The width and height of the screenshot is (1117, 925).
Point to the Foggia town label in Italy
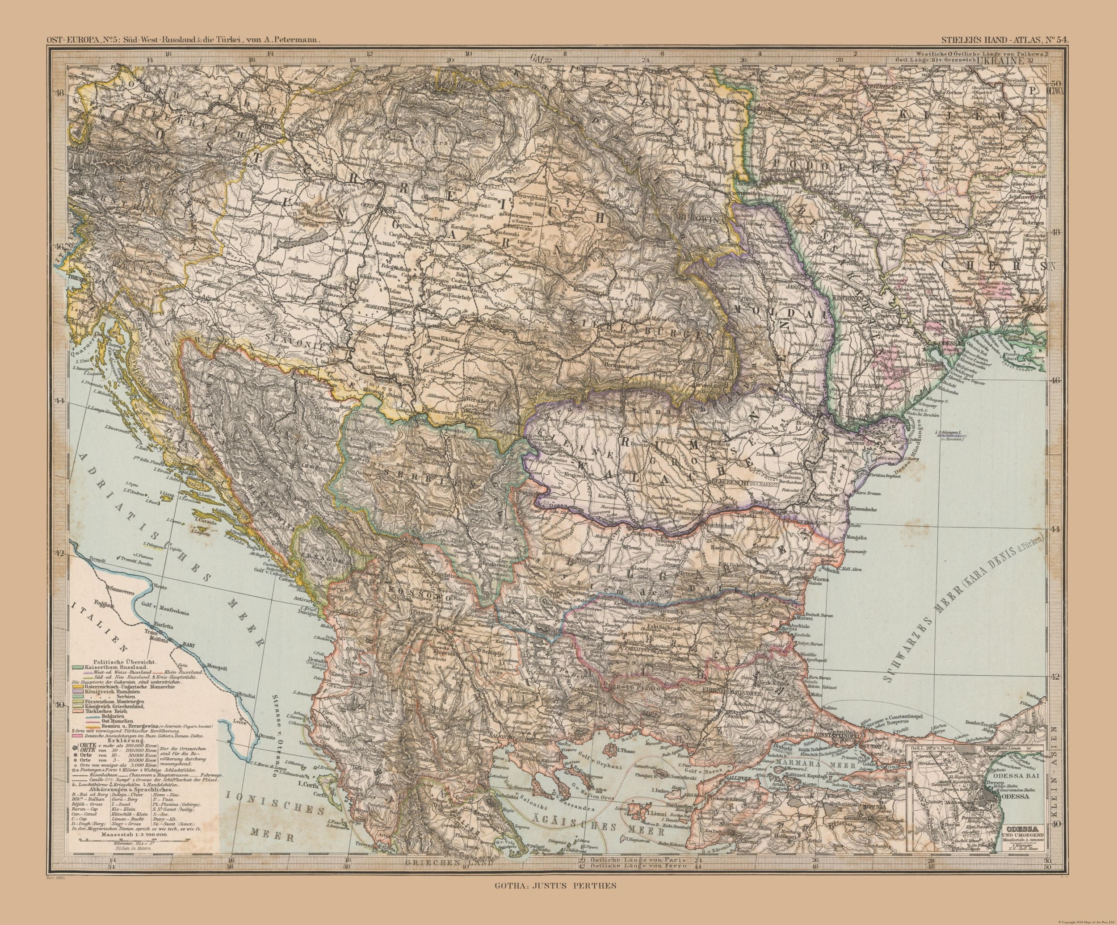coord(98,603)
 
